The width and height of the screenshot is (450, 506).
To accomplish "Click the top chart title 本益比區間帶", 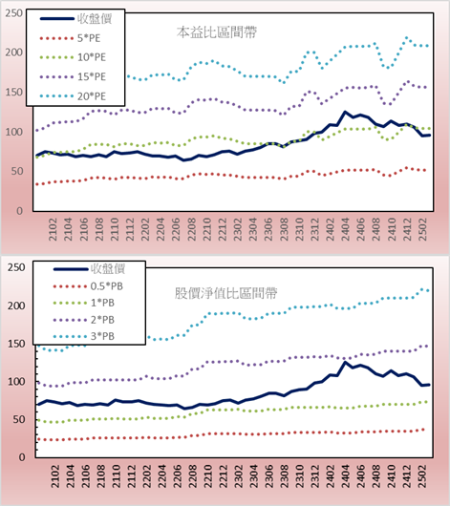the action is [217, 32].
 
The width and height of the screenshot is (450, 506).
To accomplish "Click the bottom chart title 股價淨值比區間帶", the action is [225, 293].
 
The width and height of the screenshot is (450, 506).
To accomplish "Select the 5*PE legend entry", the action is [70, 38].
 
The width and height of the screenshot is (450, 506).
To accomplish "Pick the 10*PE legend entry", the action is [73, 57].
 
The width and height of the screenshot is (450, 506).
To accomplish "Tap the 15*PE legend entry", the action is [73, 76].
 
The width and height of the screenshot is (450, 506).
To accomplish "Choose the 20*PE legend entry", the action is [73, 96].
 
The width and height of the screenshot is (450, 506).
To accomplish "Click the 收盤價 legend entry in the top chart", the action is [75, 19].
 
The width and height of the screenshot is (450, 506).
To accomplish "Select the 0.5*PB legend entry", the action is [88, 286].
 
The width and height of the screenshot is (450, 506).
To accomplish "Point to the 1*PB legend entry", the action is [84, 303].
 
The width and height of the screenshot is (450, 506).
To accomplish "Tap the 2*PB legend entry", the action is [84, 320].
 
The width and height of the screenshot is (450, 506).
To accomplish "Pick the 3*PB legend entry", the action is [84, 336].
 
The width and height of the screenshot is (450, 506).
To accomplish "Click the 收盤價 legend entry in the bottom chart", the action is [89, 268].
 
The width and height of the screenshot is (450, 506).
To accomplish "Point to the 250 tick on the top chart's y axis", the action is [14, 13].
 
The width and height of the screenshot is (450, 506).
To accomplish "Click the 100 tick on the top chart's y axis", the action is [14, 132].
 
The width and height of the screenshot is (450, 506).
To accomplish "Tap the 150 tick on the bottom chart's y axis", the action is [16, 344].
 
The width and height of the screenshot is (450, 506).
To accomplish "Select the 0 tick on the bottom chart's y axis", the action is [22, 457].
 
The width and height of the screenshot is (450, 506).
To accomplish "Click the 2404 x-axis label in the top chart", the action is [345, 229].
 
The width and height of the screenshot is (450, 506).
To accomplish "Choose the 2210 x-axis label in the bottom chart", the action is [208, 476].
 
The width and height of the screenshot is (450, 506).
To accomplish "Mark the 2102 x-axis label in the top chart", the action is [53, 229].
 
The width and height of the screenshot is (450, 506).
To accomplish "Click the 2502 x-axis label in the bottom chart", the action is [422, 476].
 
